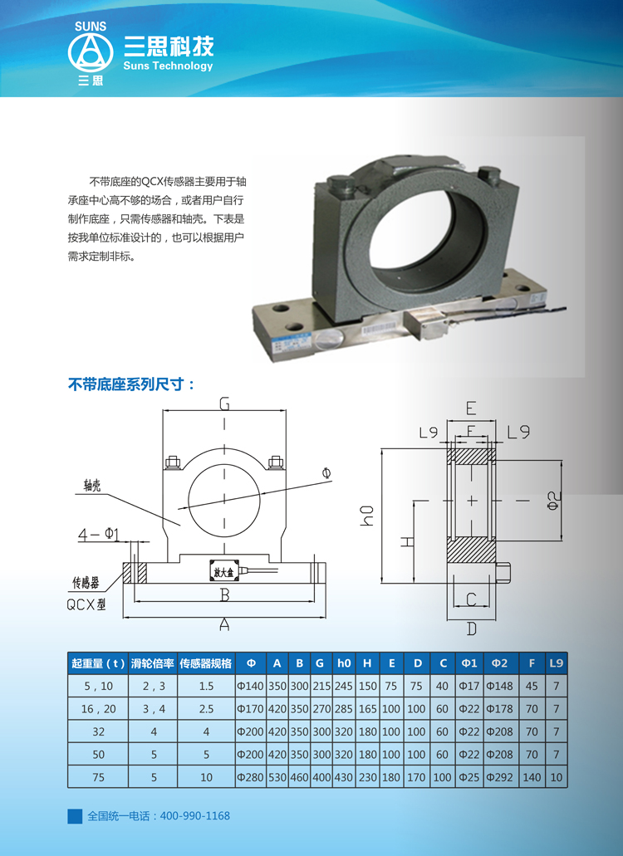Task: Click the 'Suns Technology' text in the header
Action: (x=168, y=66)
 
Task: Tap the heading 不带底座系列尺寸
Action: (x=131, y=384)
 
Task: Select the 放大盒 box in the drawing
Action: (x=223, y=571)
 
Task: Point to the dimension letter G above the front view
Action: (x=224, y=404)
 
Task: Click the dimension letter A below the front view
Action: (x=224, y=624)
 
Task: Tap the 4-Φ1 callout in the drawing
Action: (x=98, y=534)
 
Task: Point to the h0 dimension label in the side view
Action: (x=367, y=516)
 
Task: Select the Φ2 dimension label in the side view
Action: (x=554, y=500)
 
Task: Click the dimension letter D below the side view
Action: (x=471, y=629)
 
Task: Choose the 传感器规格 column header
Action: (x=206, y=663)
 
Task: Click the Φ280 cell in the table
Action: (x=251, y=777)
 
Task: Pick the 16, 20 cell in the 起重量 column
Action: (x=98, y=708)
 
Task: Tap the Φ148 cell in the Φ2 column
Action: (x=499, y=686)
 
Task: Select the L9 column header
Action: (x=556, y=663)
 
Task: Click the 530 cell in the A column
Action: (x=277, y=777)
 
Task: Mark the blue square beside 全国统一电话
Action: (x=75, y=816)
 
